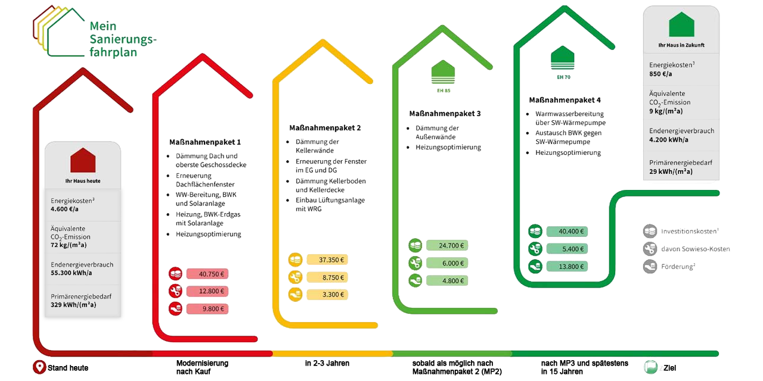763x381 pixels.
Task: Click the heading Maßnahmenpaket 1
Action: point(205,142)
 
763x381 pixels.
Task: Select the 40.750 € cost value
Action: point(207,274)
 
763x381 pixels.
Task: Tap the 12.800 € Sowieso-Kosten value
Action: point(207,291)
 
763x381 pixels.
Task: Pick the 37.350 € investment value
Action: point(327,260)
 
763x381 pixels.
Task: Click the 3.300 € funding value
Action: point(327,294)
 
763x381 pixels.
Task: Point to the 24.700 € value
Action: point(447,245)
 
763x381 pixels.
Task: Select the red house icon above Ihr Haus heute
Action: point(83,160)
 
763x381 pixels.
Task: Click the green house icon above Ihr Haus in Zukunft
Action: point(681,25)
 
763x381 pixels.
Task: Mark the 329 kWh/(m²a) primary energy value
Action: point(73,304)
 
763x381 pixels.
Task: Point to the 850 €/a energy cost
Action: point(661,74)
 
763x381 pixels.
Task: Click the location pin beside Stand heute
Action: point(39,367)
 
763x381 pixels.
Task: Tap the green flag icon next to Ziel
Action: point(650,367)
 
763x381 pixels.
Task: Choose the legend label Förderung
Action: point(678,266)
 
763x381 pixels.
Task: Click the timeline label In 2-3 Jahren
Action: point(327,363)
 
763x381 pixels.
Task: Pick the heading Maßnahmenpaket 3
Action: point(445,113)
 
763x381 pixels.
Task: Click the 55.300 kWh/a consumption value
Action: point(72,273)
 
